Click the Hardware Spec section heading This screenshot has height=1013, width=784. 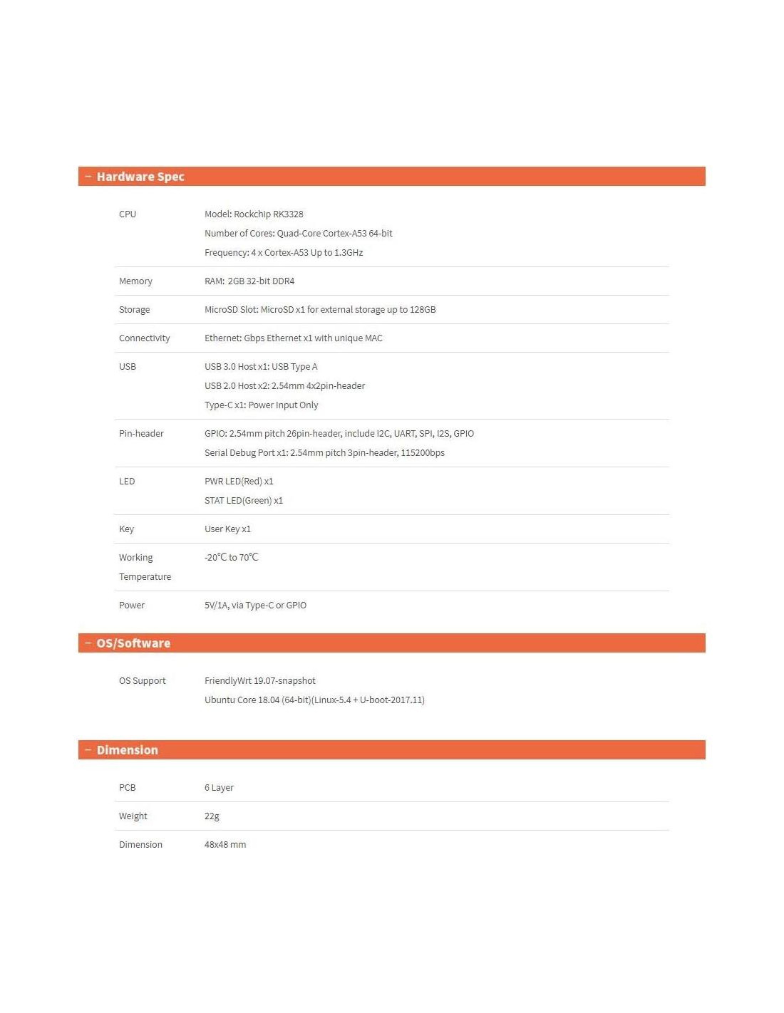tap(140, 177)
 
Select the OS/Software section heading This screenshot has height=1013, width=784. tap(133, 643)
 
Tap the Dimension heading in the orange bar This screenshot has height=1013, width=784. tap(127, 750)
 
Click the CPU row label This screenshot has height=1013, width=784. tap(128, 214)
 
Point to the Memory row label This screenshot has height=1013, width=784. tap(135, 281)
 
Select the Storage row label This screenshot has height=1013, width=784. tap(134, 310)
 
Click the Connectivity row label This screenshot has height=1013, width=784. tap(144, 338)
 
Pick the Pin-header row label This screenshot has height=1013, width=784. tap(141, 434)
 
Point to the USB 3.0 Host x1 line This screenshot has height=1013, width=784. tap(261, 367)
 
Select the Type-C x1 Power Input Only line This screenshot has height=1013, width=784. tap(261, 405)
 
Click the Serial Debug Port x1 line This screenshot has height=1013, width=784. tap(324, 453)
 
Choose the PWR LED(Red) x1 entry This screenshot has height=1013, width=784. tap(239, 482)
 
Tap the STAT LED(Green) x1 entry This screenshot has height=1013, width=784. tap(244, 501)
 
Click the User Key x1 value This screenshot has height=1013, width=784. tap(227, 529)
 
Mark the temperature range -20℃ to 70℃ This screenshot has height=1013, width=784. tap(231, 558)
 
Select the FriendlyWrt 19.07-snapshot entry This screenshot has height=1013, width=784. tap(259, 681)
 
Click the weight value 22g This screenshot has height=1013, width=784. tap(212, 816)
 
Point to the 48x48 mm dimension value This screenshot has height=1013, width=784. tap(225, 845)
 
